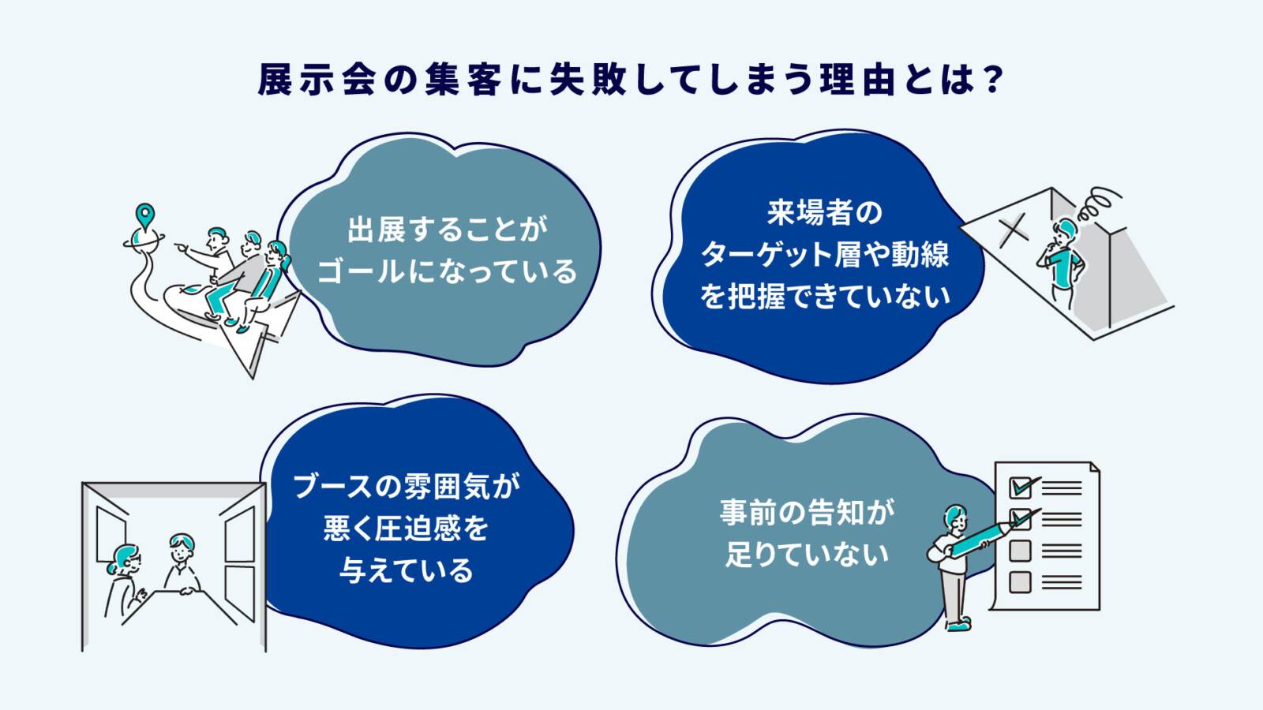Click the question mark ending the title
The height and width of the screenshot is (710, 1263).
993,80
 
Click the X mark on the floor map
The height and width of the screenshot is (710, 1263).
1014,230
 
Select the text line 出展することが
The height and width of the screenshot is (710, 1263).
447,230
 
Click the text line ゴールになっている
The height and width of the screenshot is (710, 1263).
447,272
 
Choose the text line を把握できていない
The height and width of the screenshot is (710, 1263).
825,297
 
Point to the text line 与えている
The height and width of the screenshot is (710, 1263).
407,570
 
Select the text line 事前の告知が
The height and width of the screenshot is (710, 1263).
807,513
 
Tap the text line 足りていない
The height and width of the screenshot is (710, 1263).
807,555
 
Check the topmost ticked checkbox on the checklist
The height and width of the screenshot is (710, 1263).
1021,488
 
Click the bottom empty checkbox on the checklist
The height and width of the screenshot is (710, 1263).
1020,582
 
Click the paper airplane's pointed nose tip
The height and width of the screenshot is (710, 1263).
253,377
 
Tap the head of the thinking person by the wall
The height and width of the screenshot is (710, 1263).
1066,230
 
